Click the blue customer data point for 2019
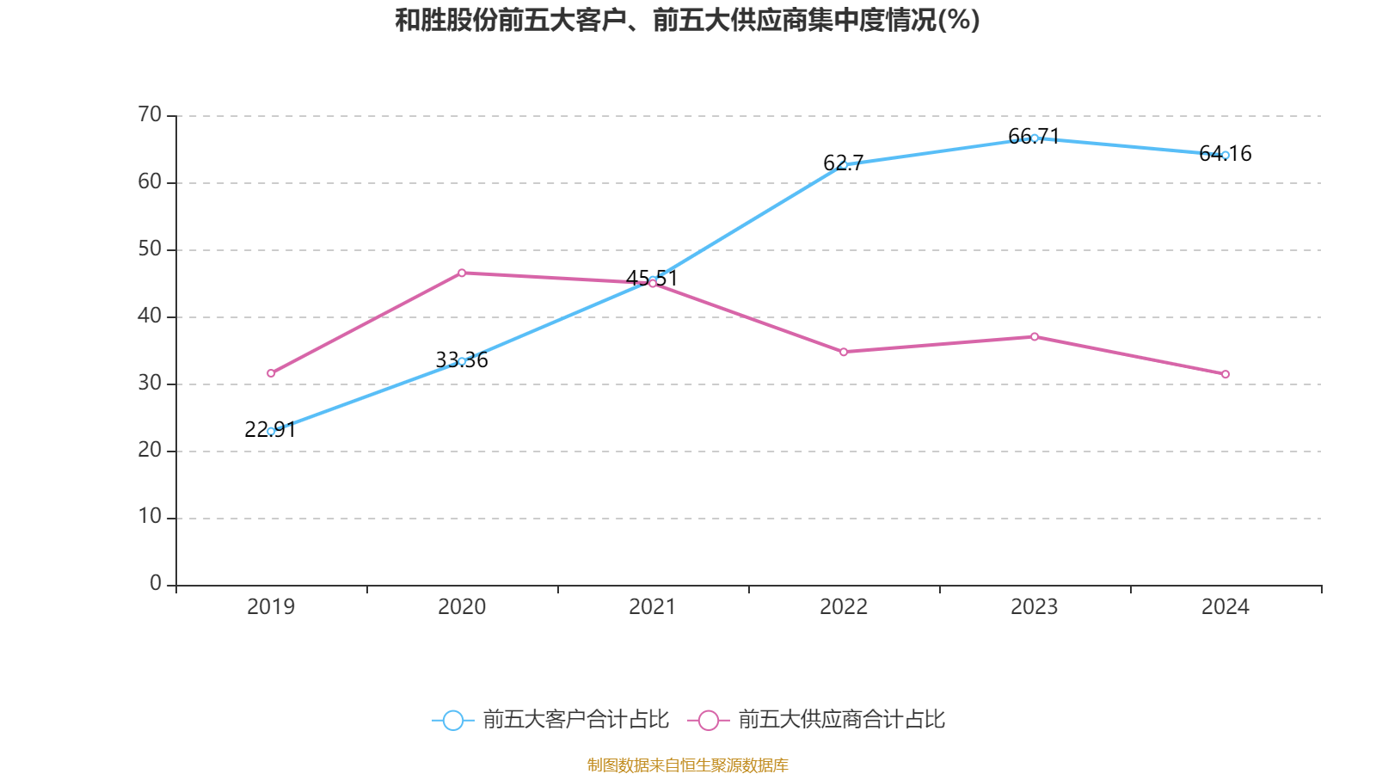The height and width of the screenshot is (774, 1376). coord(271,431)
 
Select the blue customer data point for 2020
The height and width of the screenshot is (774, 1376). coord(462,361)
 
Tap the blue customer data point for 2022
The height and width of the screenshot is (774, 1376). coord(844,164)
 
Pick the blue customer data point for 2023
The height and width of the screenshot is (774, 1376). coord(1035,138)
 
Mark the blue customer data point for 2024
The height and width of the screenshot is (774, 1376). coord(1225,155)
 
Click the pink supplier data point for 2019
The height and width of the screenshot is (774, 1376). coord(271,373)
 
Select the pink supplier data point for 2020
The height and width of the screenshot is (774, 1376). coord(462,273)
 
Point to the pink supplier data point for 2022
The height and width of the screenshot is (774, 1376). coord(844,352)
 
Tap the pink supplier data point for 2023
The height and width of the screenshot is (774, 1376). coord(1035,336)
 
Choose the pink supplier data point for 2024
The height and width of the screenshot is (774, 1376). coord(1225,374)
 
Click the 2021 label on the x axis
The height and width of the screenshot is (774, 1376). coord(653,607)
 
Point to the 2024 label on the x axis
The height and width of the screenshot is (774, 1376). coord(1225,607)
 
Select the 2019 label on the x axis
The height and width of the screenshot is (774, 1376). coord(271,607)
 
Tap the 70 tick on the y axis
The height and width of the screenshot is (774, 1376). coord(150,114)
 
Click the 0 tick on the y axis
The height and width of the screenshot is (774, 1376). coord(156,584)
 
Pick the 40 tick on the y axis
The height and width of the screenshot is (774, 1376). coord(150,316)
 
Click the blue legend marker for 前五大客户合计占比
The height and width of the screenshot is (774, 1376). coord(452,720)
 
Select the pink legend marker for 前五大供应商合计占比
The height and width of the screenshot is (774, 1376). coord(708,720)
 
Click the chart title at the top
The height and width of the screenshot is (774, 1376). coord(687,20)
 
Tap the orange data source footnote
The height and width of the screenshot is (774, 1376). coord(687,765)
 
